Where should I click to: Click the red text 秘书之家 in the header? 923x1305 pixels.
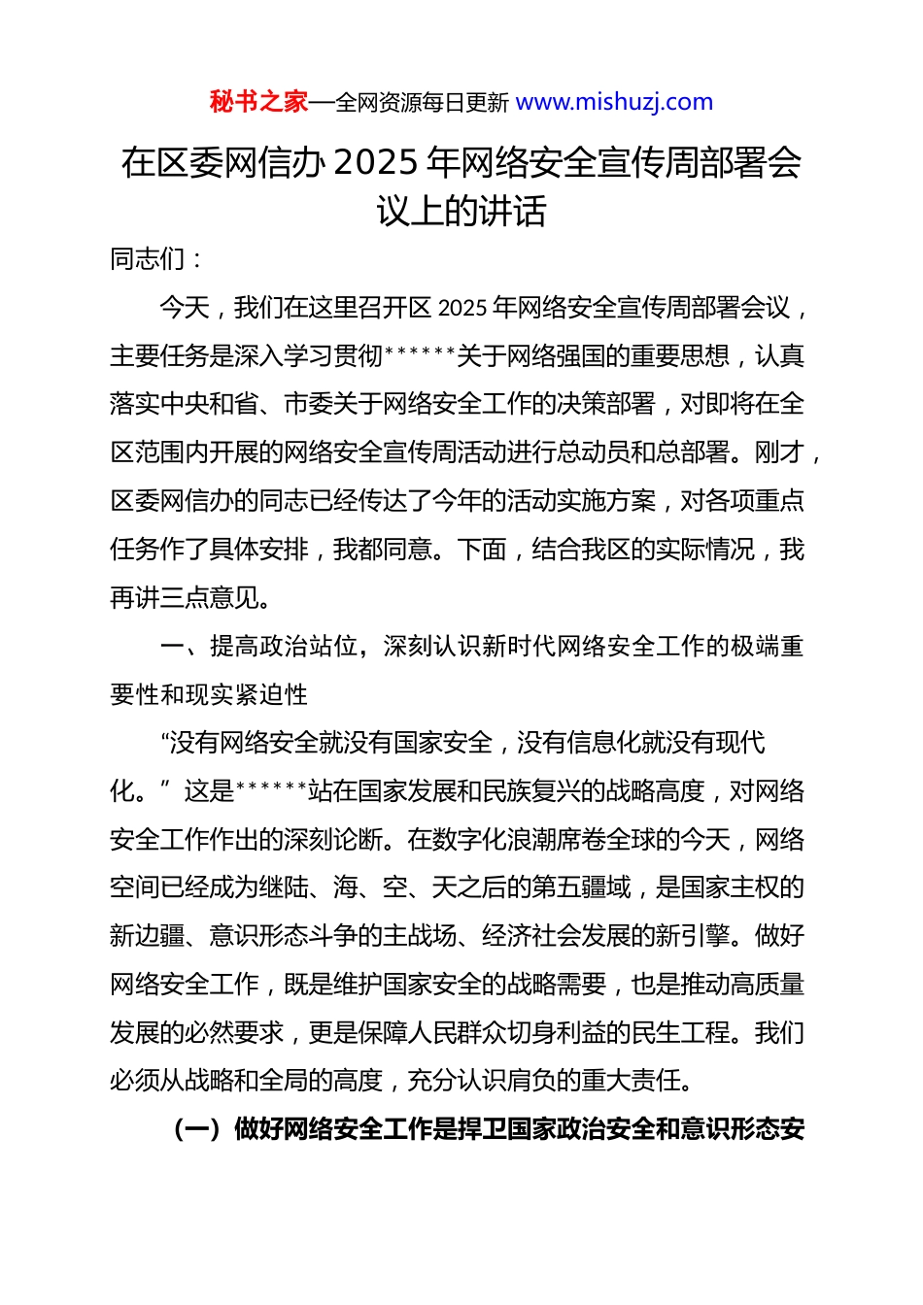tap(258, 102)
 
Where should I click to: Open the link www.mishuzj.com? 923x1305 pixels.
tap(614, 102)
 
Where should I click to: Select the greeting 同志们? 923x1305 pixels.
tap(147, 259)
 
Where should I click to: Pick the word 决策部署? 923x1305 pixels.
tap(605, 404)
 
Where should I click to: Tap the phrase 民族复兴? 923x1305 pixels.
tap(519, 791)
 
